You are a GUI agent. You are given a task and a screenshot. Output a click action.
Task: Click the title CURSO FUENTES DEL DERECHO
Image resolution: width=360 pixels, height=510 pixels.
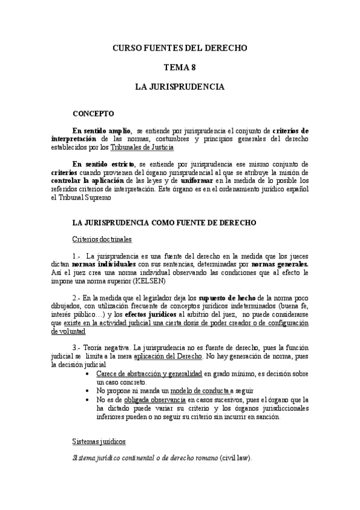[x=180, y=48]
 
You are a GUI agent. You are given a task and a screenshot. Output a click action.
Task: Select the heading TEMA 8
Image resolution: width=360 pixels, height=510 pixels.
[x=180, y=67]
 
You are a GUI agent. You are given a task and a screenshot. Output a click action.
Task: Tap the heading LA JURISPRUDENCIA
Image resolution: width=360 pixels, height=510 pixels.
[x=180, y=87]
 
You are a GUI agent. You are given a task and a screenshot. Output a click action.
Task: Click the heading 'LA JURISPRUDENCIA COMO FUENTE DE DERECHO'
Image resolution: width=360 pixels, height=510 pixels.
[x=164, y=223]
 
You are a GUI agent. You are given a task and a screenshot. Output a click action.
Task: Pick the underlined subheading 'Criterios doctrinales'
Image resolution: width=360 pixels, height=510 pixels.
[x=102, y=239]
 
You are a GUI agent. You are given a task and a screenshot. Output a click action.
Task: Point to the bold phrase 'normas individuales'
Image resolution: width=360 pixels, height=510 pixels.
[x=103, y=264]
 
